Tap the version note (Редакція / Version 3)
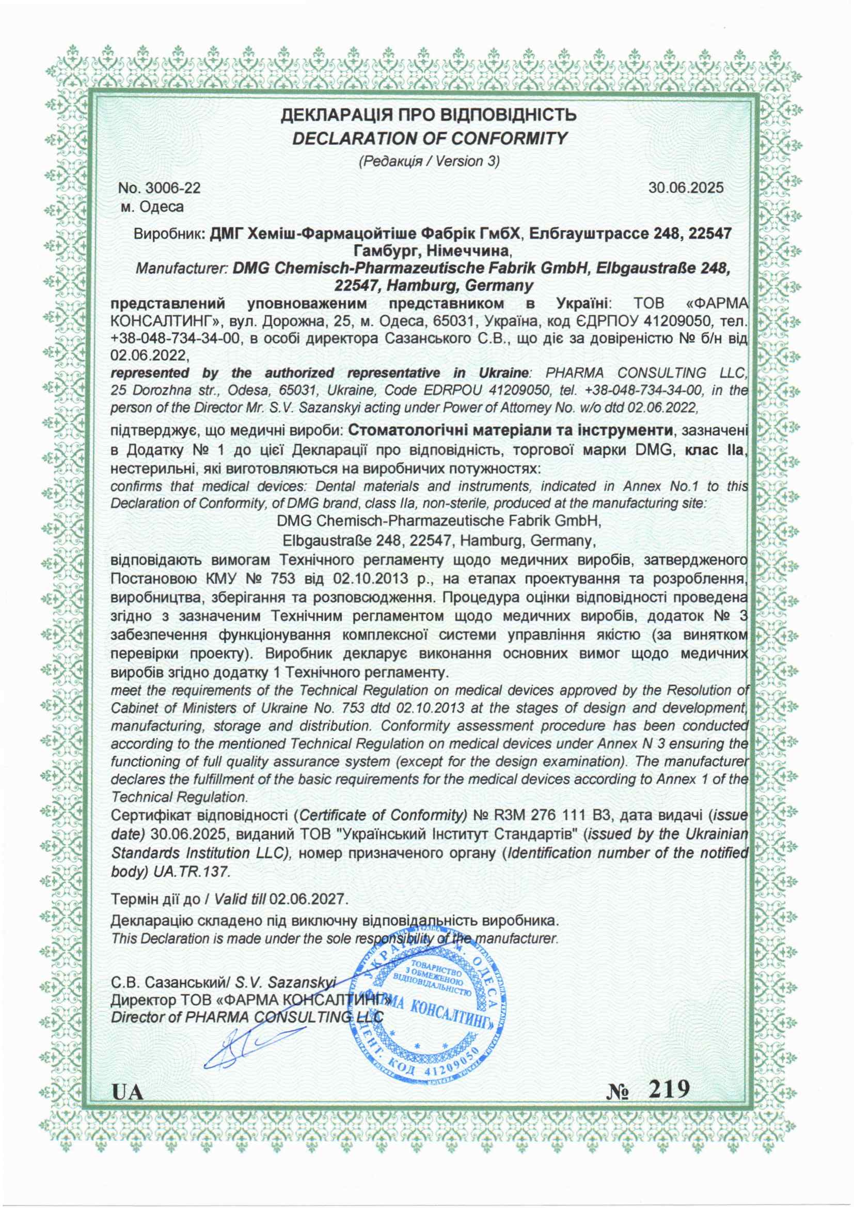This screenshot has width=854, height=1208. (x=429, y=161)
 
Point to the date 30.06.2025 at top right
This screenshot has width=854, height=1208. (x=686, y=188)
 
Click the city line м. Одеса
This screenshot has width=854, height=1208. (x=152, y=207)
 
